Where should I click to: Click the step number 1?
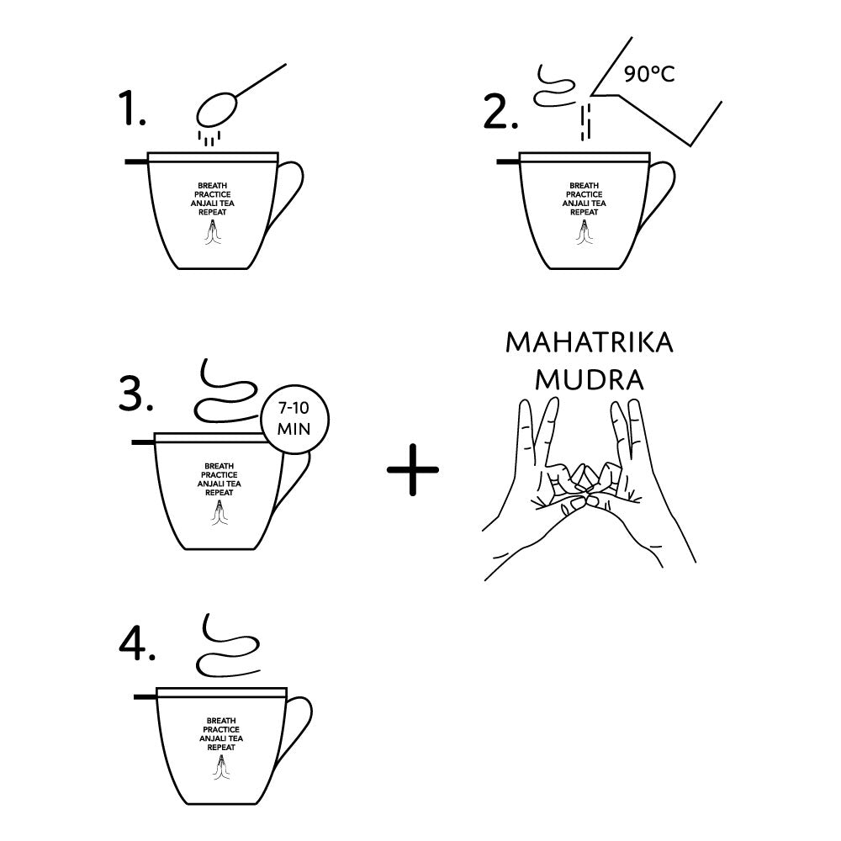[x=132, y=108]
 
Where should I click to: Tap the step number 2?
[x=500, y=112]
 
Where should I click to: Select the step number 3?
[x=135, y=394]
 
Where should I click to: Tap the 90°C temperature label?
[x=649, y=74]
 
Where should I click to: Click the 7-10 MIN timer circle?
[x=294, y=419]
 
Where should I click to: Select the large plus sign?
[x=412, y=469]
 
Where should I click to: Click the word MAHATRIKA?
[x=590, y=343]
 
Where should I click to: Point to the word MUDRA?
[x=589, y=380]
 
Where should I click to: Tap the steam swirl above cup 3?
[x=225, y=390]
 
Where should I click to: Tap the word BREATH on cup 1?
[x=213, y=186]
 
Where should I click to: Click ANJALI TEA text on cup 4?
[x=221, y=738]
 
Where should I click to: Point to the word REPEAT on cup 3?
[x=219, y=492]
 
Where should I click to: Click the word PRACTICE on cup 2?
[x=584, y=194]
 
